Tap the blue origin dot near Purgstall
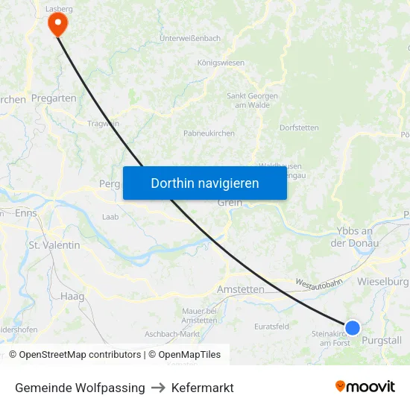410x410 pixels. click(353, 328)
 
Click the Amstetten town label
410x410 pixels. click(241, 289)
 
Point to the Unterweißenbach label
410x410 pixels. click(190, 38)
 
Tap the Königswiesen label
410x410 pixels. click(221, 63)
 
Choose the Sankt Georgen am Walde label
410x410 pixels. click(253, 101)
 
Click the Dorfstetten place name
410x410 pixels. click(299, 127)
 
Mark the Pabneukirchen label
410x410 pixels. click(209, 133)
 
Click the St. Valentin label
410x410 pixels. click(54, 245)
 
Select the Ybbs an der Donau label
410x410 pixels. click(355, 237)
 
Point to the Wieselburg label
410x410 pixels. click(383, 282)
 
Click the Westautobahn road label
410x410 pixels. click(318, 283)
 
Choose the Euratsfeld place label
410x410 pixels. click(271, 327)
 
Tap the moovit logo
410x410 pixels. click(365, 387)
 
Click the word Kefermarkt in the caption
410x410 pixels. click(203, 388)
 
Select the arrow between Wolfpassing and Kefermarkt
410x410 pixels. click(158, 388)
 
